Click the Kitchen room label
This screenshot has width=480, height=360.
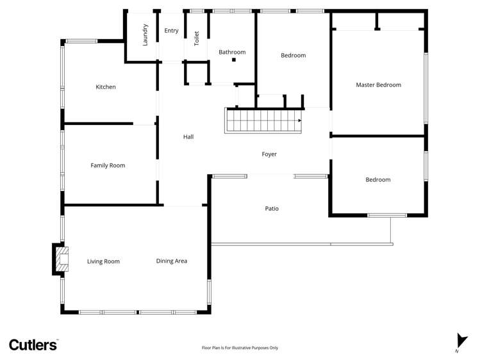(106, 87)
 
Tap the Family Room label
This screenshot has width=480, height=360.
(108, 165)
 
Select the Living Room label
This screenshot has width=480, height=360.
(103, 261)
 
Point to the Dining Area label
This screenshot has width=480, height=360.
(172, 261)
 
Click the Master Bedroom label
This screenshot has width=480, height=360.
(378, 85)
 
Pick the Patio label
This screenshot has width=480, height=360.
(272, 208)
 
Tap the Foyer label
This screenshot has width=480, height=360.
(269, 154)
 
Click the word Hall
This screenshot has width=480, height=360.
(188, 136)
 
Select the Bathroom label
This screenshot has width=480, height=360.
(232, 53)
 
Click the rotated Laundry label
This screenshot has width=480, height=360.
(145, 35)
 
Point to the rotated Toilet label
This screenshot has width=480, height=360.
(197, 38)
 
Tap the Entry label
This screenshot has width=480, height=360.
(171, 31)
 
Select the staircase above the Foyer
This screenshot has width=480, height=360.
(263, 120)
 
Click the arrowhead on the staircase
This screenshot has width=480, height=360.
(299, 120)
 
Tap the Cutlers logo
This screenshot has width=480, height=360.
(33, 344)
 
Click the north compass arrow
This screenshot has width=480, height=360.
(459, 341)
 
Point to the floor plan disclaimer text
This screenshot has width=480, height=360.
(240, 348)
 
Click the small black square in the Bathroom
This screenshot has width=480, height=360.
(235, 60)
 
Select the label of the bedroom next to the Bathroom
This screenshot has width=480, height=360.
(293, 55)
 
